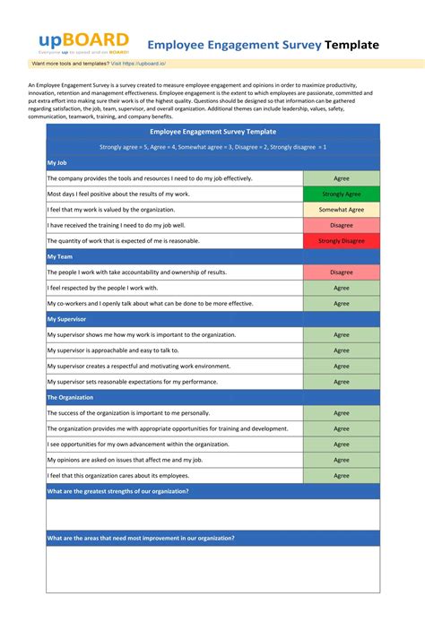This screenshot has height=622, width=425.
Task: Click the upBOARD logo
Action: [83, 43]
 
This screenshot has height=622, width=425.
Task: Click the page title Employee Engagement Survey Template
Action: [263, 45]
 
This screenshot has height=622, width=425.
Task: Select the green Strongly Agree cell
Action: [341, 194]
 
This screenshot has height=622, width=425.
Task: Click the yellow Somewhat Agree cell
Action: [341, 210]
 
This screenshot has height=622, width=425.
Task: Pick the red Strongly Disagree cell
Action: [341, 241]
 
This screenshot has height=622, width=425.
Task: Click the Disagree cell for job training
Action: [341, 225]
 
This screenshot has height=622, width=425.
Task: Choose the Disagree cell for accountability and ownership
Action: [341, 272]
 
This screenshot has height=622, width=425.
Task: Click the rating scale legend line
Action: [212, 146]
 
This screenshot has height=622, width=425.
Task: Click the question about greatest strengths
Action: [117, 491]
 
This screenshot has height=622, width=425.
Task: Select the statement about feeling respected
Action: [102, 288]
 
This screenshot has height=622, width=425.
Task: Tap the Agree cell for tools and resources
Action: [341, 178]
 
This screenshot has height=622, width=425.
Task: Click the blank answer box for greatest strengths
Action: [212, 514]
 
